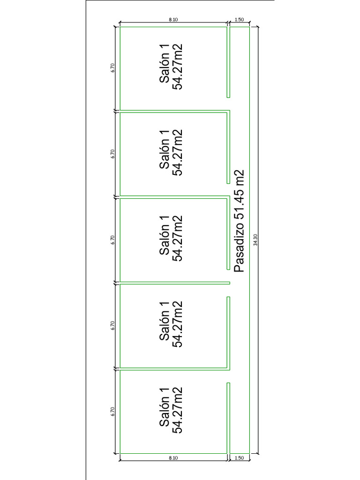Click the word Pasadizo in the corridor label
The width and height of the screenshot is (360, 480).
(239, 248)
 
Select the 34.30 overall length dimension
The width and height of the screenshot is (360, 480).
(255, 240)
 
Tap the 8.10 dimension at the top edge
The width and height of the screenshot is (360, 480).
(173, 20)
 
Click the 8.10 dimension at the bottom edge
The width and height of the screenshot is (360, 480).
(173, 458)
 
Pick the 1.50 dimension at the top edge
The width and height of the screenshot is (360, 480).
(239, 20)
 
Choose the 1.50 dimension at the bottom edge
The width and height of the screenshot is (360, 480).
(239, 458)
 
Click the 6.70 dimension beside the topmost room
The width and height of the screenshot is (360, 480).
(112, 67)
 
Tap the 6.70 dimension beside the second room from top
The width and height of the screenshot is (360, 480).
(112, 154)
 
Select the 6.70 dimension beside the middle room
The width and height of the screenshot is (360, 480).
(112, 240)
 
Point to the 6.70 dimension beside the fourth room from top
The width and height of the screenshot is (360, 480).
(112, 325)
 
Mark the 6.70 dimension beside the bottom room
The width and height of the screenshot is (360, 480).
(112, 412)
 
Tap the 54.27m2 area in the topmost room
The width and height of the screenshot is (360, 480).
(177, 67)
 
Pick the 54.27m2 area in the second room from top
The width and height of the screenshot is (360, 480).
(177, 152)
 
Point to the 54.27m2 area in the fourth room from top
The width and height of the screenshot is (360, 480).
(177, 324)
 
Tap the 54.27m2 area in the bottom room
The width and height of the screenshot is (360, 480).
(177, 410)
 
